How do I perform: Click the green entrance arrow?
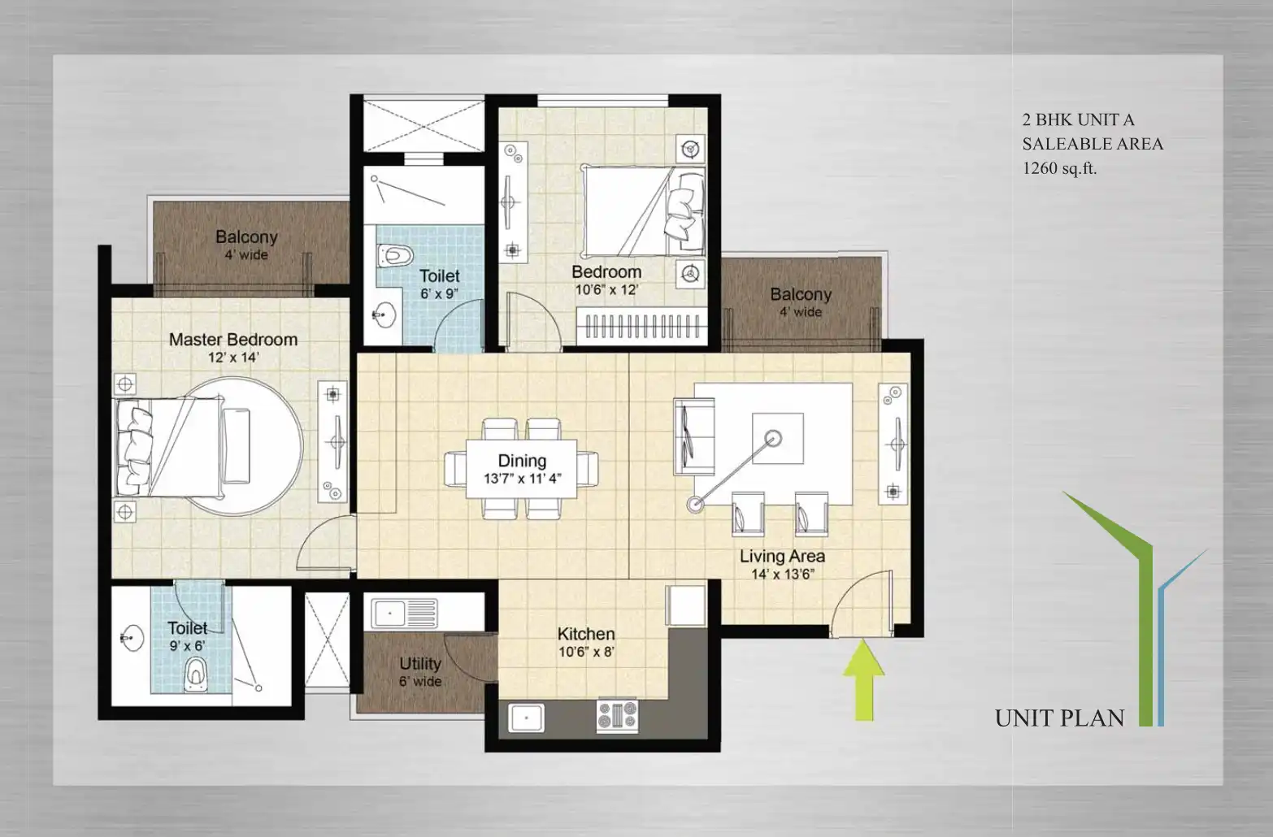coord(864,679)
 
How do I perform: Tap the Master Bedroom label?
coord(233,339)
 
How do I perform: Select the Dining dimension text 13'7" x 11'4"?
coord(522,479)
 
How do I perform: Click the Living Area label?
coord(782,556)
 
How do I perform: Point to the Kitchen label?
coord(586,634)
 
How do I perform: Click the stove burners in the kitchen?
coord(617,715)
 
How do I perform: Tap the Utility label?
coord(420,664)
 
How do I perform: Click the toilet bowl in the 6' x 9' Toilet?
coord(394,255)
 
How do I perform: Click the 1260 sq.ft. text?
coord(1059,168)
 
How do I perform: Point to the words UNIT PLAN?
coord(1060,718)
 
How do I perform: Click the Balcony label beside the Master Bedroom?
coord(246,236)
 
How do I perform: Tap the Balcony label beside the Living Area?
coord(801,294)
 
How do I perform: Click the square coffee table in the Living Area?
coord(777,438)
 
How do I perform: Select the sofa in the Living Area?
coord(694,436)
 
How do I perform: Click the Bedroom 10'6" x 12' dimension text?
coord(606,290)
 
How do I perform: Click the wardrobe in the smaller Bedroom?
coord(642,326)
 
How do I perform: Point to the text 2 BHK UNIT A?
coord(1078,120)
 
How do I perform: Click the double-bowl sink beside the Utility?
coord(404,613)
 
